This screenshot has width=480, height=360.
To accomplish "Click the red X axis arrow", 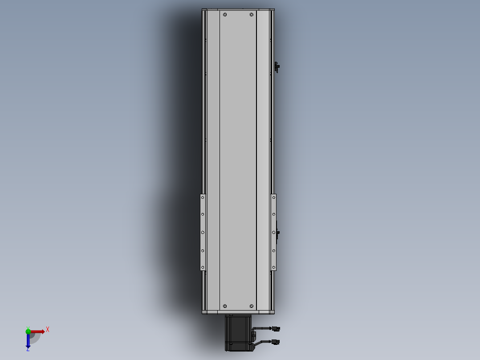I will [38, 331].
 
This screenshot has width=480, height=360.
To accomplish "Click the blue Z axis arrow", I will [28, 341].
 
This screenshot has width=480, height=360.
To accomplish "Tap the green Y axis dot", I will [28, 331].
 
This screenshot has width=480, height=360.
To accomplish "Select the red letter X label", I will [47, 330].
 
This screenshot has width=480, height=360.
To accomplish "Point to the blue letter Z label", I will [28, 350].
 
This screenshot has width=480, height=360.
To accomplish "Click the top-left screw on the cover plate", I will [225, 15].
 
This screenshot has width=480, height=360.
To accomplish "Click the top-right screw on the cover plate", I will [252, 15].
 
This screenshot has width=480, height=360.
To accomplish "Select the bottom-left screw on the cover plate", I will [225, 306].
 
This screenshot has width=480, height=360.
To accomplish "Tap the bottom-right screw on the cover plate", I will [252, 306].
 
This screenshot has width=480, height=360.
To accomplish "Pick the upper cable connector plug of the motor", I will [276, 329].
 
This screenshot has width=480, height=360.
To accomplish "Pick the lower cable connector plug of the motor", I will [276, 342].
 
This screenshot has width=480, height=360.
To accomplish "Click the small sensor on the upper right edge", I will [277, 67].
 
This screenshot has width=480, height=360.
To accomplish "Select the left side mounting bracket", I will [203, 232].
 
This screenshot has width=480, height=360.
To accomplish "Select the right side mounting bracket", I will [273, 232].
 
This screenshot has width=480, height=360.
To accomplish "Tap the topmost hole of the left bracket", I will [203, 196].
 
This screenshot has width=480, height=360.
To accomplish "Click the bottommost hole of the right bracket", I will [273, 268].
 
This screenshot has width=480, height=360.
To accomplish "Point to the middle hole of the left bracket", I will [203, 232].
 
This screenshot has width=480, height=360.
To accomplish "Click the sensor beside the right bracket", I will [278, 233].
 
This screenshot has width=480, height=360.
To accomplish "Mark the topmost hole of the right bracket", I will [273, 196].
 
